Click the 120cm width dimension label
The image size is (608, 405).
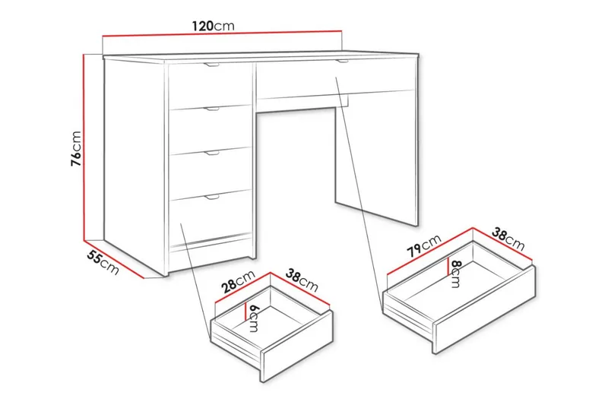213,25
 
